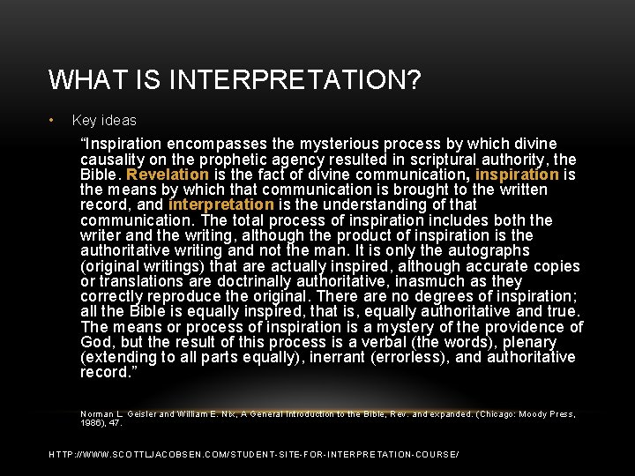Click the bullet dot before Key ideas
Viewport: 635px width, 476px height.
point(52,120)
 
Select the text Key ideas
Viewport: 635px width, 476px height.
point(104,120)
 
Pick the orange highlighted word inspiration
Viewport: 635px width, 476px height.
point(516,175)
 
